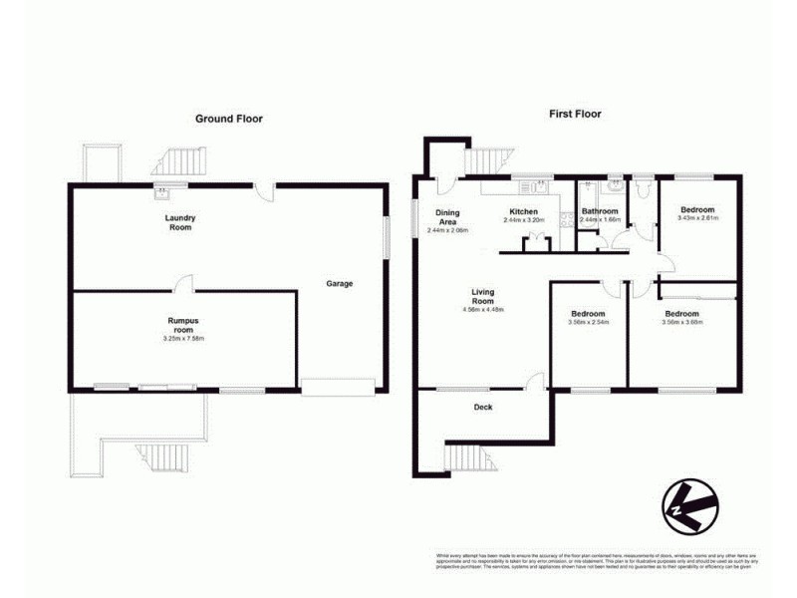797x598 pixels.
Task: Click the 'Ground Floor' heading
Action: click(228, 119)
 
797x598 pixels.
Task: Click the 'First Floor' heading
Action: click(575, 114)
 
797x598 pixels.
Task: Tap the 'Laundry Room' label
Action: click(180, 222)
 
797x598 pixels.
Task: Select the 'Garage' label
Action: click(339, 283)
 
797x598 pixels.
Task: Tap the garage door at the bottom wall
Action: click(339, 387)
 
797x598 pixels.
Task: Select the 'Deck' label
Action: click(482, 407)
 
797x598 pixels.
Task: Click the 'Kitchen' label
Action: click(524, 212)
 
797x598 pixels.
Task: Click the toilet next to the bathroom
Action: click(643, 186)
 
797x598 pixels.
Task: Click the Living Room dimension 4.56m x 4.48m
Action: click(482, 310)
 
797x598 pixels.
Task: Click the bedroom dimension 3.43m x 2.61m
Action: click(697, 218)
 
